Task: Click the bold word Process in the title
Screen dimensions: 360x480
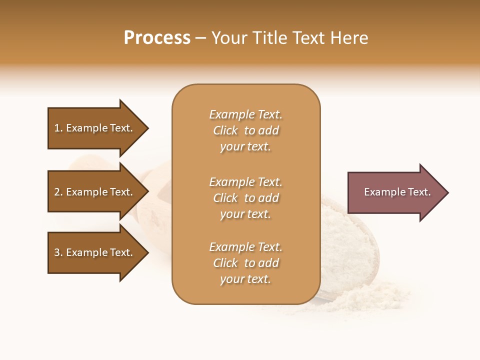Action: [157, 38]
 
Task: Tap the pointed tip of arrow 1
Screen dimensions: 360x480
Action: [147, 128]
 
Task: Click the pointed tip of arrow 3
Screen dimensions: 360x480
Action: [147, 252]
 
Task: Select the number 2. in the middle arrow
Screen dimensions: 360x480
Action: [58, 192]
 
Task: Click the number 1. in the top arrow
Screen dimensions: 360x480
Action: [58, 128]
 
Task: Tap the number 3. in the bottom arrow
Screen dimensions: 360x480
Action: [58, 252]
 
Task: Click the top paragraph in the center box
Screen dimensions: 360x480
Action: [245, 130]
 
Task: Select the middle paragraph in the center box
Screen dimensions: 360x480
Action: [245, 198]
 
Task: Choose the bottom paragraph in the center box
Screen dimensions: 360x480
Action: [245, 263]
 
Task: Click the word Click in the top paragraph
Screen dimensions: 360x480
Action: [225, 130]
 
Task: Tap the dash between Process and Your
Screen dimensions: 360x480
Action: [200, 38]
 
